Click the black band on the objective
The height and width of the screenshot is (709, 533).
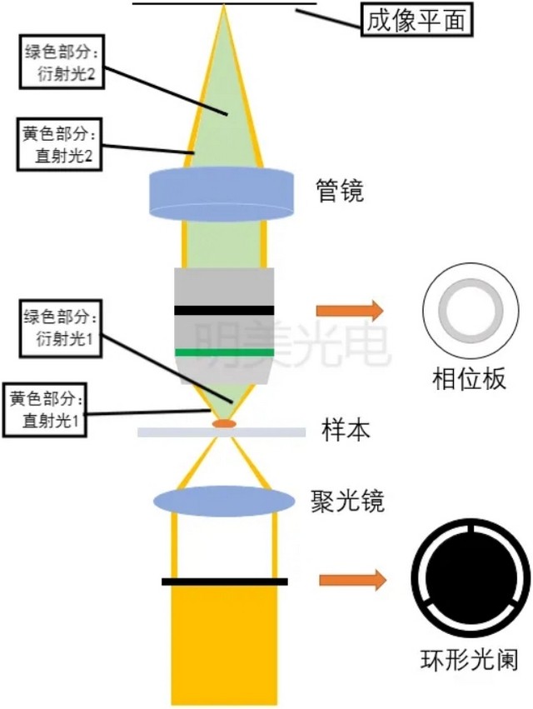224,310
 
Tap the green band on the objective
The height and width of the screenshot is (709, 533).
224,352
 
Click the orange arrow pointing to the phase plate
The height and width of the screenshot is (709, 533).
349,312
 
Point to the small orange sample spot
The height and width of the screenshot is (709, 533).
223,424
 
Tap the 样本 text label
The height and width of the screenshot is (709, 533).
346,432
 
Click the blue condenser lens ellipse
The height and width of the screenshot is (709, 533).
224,500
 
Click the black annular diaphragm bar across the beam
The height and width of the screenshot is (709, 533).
224,581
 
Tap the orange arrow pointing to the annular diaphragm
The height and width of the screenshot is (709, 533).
352,580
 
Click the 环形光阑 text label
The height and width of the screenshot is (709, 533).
470,662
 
